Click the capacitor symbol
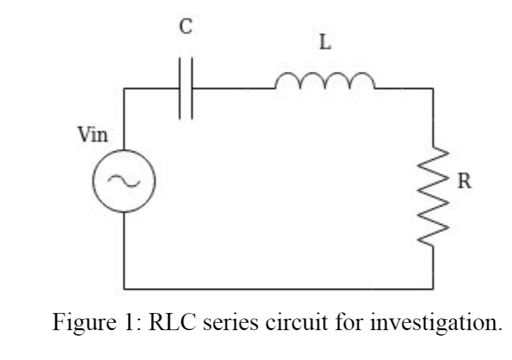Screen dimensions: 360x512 point(187,88)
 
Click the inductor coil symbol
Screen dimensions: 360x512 point(325,81)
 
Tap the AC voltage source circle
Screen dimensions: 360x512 point(124,181)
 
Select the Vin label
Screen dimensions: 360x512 point(93,135)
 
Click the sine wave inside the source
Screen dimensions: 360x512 point(124,181)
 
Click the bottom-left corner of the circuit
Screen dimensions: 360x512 point(124,289)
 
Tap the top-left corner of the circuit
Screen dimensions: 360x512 point(124,88)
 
